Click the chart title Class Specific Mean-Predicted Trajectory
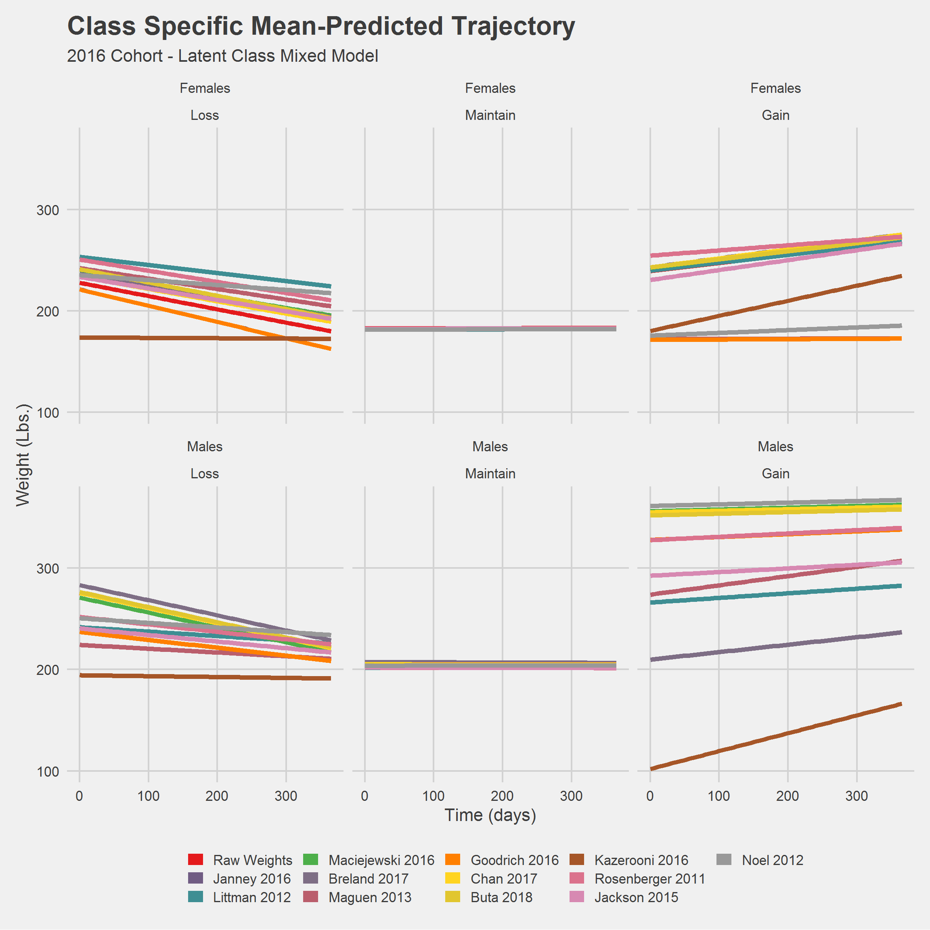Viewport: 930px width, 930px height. [320, 26]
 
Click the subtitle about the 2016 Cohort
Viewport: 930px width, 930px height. [222, 56]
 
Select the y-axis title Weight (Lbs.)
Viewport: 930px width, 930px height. [23, 455]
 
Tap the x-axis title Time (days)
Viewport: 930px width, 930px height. [490, 815]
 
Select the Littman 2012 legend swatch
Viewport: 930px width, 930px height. [196, 897]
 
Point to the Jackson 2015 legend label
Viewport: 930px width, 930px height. [636, 897]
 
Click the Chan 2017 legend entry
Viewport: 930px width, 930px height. [503, 878]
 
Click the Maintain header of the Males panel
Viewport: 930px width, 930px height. [490, 473]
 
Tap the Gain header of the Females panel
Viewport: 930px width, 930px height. [775, 115]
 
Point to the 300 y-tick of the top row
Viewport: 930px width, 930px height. [48, 210]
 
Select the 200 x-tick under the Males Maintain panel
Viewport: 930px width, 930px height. [502, 796]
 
